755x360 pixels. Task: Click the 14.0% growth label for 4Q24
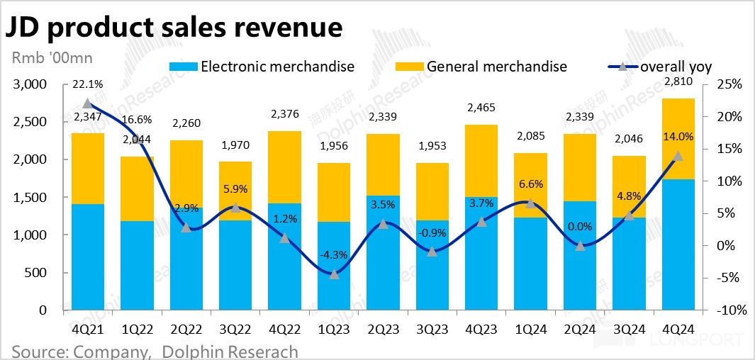(677, 136)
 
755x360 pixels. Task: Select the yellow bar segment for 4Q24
(677, 139)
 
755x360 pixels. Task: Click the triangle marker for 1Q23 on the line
(333, 274)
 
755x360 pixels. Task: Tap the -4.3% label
(333, 254)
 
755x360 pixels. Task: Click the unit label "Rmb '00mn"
(52, 57)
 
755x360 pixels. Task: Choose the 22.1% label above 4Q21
(87, 84)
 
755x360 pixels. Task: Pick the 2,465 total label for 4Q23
(481, 108)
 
